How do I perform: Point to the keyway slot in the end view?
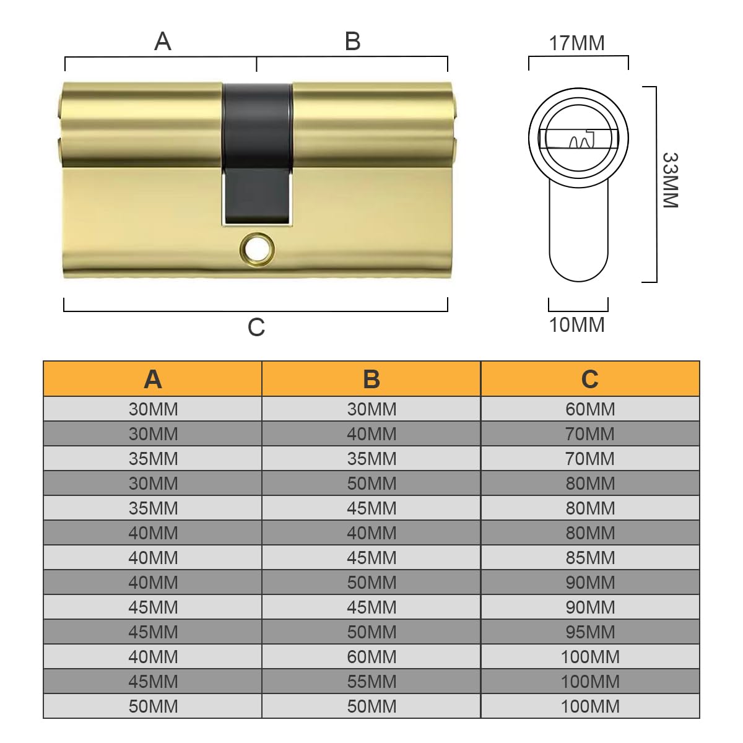tap(579, 140)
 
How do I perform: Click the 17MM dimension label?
tap(576, 43)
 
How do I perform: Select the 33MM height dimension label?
tap(670, 180)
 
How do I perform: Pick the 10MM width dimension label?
tap(576, 324)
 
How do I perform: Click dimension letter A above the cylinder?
tap(162, 41)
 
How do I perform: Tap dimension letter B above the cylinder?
tap(352, 41)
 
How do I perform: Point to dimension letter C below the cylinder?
tap(256, 327)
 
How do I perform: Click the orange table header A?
tap(153, 379)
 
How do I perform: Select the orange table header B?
tap(371, 379)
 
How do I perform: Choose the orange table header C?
tap(590, 379)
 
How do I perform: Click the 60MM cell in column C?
tap(590, 409)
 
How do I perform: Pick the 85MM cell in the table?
tap(590, 558)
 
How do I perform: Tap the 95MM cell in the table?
tap(590, 632)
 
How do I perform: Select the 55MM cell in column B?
tap(371, 682)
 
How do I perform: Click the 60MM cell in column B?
tap(371, 657)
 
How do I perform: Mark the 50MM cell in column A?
tap(153, 706)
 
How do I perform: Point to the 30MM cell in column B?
tap(371, 409)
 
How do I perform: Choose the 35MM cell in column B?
tap(371, 459)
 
